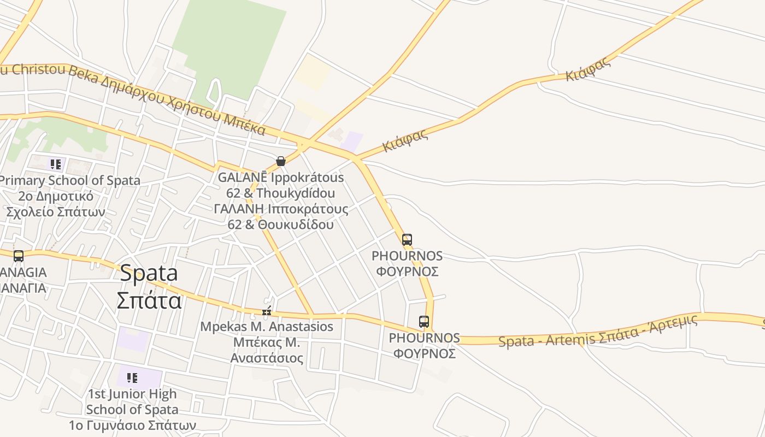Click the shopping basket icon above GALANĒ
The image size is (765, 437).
[x=280, y=161]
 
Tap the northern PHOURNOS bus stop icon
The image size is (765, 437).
[x=407, y=240]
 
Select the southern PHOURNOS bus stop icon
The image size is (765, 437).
[x=423, y=322]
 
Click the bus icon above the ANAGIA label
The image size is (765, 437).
[x=19, y=256]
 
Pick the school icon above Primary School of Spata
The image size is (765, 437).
[x=55, y=164]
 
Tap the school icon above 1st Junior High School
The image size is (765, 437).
[x=132, y=378]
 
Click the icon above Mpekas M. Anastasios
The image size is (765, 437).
[x=267, y=311]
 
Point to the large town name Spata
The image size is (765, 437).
[x=149, y=273]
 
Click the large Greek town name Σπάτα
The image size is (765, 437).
[x=149, y=300]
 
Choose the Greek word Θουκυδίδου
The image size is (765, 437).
[x=296, y=225]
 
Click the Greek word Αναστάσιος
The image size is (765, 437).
[x=267, y=358]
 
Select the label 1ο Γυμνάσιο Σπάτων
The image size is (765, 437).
[x=132, y=425]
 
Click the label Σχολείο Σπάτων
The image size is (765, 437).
[x=56, y=212]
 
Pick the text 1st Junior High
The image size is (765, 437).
[x=132, y=394]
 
